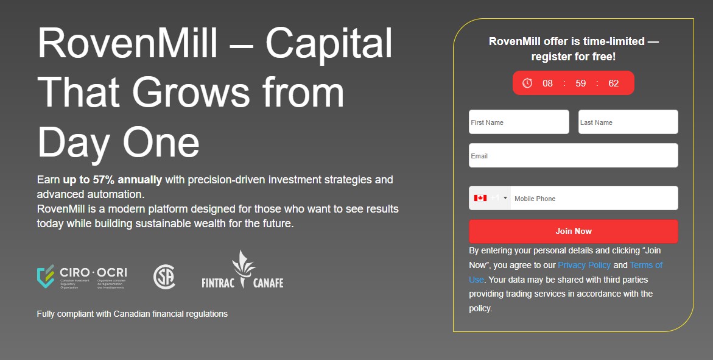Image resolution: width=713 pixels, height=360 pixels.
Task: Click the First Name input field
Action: pos(519,122)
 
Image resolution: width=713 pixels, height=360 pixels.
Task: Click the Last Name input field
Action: pos(628,122)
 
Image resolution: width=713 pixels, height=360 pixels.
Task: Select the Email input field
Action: pos(573,155)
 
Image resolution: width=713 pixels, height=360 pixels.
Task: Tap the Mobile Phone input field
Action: pos(594,199)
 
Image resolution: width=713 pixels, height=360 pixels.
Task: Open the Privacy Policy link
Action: pos(584,265)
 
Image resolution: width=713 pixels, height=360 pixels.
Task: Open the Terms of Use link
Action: pos(645,265)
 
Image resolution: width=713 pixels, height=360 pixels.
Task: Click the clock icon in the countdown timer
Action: pos(527,83)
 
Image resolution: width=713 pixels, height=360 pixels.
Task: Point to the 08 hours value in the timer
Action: pos(547,83)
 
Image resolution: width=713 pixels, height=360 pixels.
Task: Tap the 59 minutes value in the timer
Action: pos(580,83)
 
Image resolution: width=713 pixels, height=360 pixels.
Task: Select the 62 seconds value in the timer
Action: pos(613,83)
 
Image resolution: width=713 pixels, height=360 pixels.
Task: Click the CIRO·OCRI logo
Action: pos(82,277)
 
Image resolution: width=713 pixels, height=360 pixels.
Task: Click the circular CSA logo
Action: pos(164,277)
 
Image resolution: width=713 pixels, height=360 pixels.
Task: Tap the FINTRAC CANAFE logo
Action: pos(242,272)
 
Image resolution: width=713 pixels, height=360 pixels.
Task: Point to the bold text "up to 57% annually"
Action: pos(112,180)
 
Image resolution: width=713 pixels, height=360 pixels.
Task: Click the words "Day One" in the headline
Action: pos(118,142)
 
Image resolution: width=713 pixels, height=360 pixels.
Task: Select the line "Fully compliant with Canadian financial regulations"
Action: pos(132,314)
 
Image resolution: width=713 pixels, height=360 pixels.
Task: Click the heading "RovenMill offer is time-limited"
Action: pos(573,41)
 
